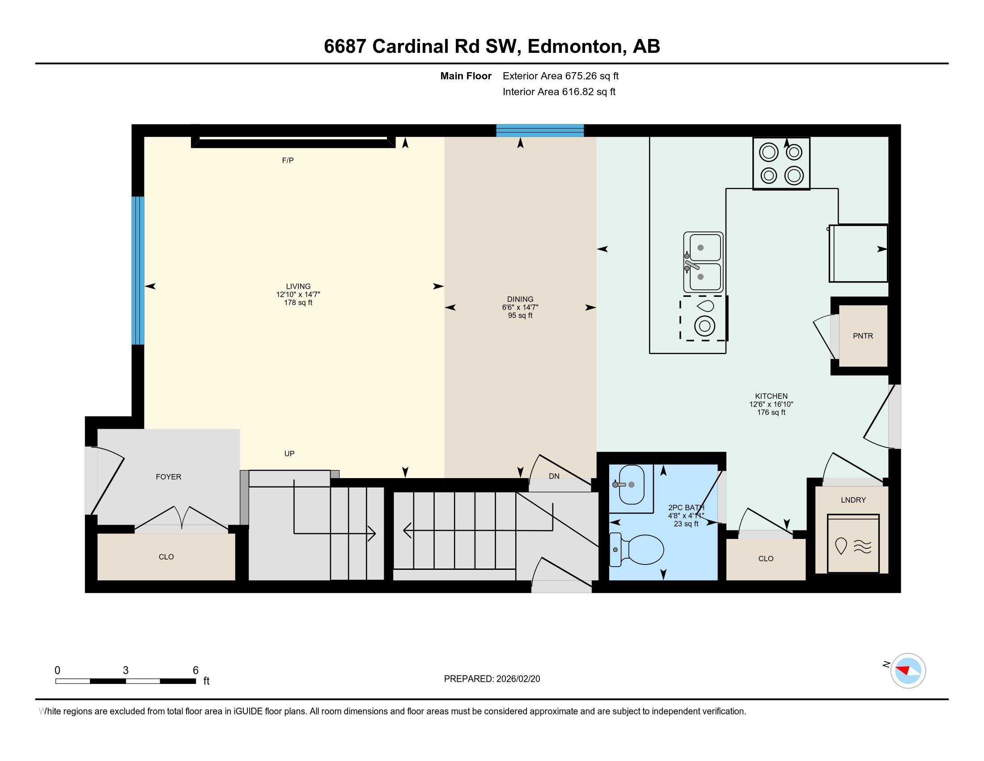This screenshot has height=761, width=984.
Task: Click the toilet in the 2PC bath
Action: [636, 550]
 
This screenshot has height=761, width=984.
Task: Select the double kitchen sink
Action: [703, 262]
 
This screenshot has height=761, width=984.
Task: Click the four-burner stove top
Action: [781, 164]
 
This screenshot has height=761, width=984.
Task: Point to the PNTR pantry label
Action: [863, 336]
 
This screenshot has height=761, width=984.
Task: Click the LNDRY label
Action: [853, 500]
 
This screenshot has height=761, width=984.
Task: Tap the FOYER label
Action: [169, 477]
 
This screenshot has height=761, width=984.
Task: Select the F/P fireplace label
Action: [288, 161]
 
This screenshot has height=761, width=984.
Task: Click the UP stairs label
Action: [289, 453]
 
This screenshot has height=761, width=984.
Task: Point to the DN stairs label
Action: [554, 476]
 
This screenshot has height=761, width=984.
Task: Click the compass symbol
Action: [908, 671]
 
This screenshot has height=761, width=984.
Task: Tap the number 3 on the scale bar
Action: [126, 671]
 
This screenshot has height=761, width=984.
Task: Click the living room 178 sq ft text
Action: [298, 303]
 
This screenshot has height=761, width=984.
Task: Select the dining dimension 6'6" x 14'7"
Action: [520, 308]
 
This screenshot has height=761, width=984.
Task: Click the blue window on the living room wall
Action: [138, 270]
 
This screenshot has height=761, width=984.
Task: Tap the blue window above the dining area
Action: [540, 131]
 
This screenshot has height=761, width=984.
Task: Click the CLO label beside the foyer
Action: [166, 557]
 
